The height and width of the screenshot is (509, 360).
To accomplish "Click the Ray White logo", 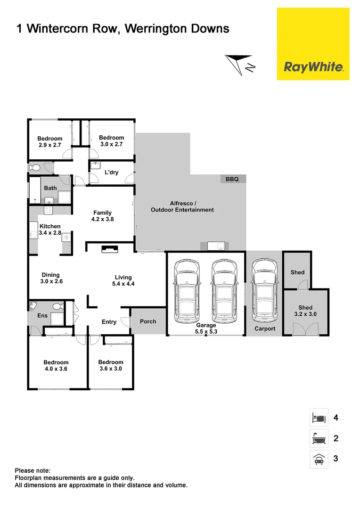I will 313,67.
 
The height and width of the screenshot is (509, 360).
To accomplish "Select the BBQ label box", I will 233,179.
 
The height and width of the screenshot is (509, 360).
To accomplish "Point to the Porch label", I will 148,321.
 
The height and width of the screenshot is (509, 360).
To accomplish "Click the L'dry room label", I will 111,172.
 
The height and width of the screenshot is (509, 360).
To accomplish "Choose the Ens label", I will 42,315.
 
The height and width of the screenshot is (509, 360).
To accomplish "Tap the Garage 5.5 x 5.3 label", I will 206,328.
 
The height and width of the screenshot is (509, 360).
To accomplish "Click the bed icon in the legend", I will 318,418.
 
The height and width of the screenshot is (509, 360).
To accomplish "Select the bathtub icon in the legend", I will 318,438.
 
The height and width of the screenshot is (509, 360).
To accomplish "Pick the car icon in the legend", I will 318,459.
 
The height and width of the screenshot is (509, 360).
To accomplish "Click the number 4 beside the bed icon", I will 335,418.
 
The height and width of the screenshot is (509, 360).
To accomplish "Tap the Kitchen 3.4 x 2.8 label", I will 50,230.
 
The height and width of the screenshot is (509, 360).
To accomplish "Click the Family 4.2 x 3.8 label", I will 102,216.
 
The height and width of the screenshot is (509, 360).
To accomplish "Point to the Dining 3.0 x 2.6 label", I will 51,278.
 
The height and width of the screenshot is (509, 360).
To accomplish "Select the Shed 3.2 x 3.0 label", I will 305,311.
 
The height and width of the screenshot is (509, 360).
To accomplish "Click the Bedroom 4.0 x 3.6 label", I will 56,366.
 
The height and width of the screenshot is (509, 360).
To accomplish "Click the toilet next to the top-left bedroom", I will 35,167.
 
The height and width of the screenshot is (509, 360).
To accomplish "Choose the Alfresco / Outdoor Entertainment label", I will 182,206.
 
